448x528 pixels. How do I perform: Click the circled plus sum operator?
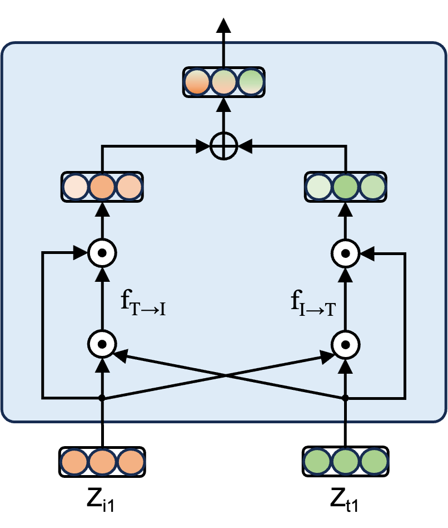pos(224,147)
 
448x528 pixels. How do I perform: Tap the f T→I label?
pos(143,304)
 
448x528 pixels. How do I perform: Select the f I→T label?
pos(313,304)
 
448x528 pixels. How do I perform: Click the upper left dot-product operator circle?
pos(102,253)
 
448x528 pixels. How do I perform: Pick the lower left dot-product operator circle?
pos(102,344)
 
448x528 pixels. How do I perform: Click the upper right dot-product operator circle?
pos(345,253)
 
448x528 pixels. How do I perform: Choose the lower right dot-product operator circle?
pos(345,345)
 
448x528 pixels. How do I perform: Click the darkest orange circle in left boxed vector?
pos(102,187)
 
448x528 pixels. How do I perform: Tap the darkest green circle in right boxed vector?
pos(345,187)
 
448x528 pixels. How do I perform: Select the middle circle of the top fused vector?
pos(224,82)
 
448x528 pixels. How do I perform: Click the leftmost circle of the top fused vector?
pos(197,82)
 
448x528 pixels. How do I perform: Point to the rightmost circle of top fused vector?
pos(251,82)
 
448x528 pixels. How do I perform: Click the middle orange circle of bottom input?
pos(102,462)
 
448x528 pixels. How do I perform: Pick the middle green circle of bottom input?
pos(346,462)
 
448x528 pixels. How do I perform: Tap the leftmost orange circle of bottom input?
pos(74,462)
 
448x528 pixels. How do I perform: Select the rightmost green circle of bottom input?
pos(374,462)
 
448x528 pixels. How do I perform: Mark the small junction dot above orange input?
pos(102,398)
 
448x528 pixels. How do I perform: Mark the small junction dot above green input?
pos(345,398)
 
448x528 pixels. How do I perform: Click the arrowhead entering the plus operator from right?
pos(245,147)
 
